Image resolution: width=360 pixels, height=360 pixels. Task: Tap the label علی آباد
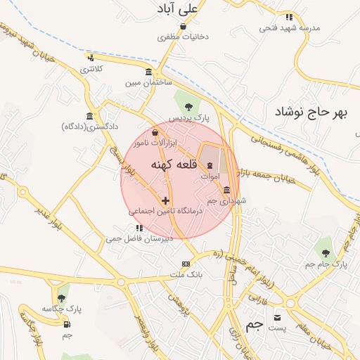click(179, 9)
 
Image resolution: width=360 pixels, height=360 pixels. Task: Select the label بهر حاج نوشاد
click(311, 112)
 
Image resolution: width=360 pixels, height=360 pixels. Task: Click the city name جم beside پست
click(257, 324)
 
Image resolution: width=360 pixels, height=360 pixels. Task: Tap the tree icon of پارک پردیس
click(188, 106)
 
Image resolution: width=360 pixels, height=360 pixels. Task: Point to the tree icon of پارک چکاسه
click(63, 297)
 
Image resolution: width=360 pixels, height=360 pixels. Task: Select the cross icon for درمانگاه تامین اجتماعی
click(165, 200)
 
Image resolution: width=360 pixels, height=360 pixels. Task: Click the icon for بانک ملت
click(186, 264)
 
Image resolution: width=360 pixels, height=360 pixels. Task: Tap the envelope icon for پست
click(277, 316)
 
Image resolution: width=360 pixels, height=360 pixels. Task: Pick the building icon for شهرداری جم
click(226, 191)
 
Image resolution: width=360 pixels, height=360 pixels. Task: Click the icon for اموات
click(210, 165)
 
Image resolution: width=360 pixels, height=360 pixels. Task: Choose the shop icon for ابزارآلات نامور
click(155, 132)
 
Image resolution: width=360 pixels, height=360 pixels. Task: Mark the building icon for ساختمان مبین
click(148, 72)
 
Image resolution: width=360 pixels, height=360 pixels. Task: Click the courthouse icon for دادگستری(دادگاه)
click(89, 116)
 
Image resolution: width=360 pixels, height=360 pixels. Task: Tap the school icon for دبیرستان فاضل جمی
click(139, 229)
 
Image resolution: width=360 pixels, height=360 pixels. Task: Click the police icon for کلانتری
click(91, 58)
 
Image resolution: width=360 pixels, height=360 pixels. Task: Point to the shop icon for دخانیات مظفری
click(183, 27)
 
